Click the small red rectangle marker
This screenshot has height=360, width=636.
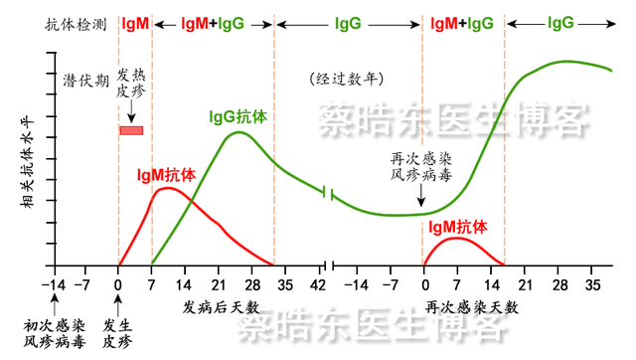pyautogui.click(x=132, y=130)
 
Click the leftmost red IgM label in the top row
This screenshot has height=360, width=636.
pyautogui.click(x=135, y=22)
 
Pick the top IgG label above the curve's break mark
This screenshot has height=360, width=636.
pyautogui.click(x=348, y=22)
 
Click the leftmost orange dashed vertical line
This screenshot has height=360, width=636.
pyautogui.click(x=118, y=139)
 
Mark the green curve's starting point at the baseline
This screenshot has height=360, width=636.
pyautogui.click(x=151, y=262)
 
